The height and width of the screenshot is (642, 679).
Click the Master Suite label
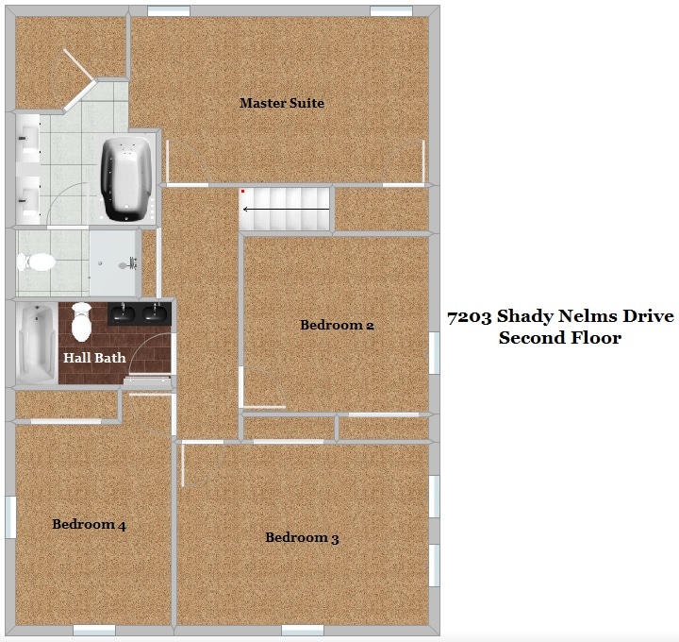point(281,103)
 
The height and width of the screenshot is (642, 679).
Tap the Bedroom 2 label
point(337,325)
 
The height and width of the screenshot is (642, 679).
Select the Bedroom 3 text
point(302,537)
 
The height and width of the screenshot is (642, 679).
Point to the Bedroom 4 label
point(89,524)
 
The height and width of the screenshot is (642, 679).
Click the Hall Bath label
point(94,358)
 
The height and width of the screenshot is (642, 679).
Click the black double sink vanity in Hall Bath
point(138,313)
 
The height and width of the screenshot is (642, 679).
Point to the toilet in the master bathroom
point(38,262)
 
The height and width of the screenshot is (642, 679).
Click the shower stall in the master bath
point(113,262)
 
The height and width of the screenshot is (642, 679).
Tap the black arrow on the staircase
point(286,209)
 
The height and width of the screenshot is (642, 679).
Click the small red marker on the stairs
point(243,192)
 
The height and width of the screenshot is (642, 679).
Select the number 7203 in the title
point(470,316)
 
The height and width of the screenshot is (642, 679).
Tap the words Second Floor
point(559,337)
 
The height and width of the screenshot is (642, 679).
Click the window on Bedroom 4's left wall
point(10,516)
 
